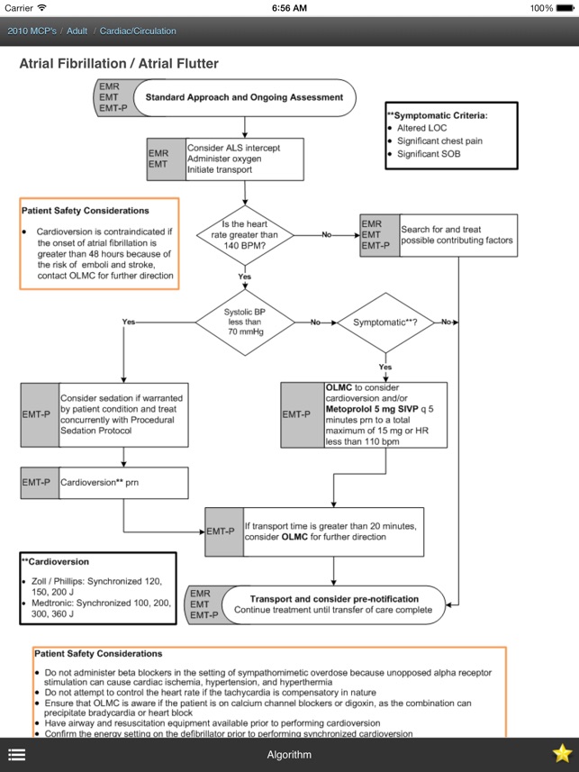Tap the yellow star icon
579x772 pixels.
(x=562, y=753)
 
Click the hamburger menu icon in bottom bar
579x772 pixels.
(x=17, y=754)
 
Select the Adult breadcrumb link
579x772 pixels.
(x=77, y=31)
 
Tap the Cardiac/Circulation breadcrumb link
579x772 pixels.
(x=138, y=31)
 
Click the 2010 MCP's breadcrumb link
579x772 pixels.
(x=32, y=31)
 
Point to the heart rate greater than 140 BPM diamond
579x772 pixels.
(x=245, y=235)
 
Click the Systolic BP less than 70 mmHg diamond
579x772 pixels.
(x=245, y=322)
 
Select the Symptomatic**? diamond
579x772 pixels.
(x=385, y=322)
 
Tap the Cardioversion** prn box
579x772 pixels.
(x=104, y=483)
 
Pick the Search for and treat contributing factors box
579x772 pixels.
(x=439, y=235)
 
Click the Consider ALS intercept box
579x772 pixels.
(x=225, y=159)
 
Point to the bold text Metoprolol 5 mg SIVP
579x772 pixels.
(x=372, y=409)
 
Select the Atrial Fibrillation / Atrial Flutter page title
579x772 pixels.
(x=119, y=64)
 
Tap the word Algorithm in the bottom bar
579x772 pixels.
(x=289, y=755)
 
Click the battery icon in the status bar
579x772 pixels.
(x=564, y=8)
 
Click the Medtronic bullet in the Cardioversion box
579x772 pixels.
(x=97, y=608)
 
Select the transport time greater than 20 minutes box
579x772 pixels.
(x=314, y=531)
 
